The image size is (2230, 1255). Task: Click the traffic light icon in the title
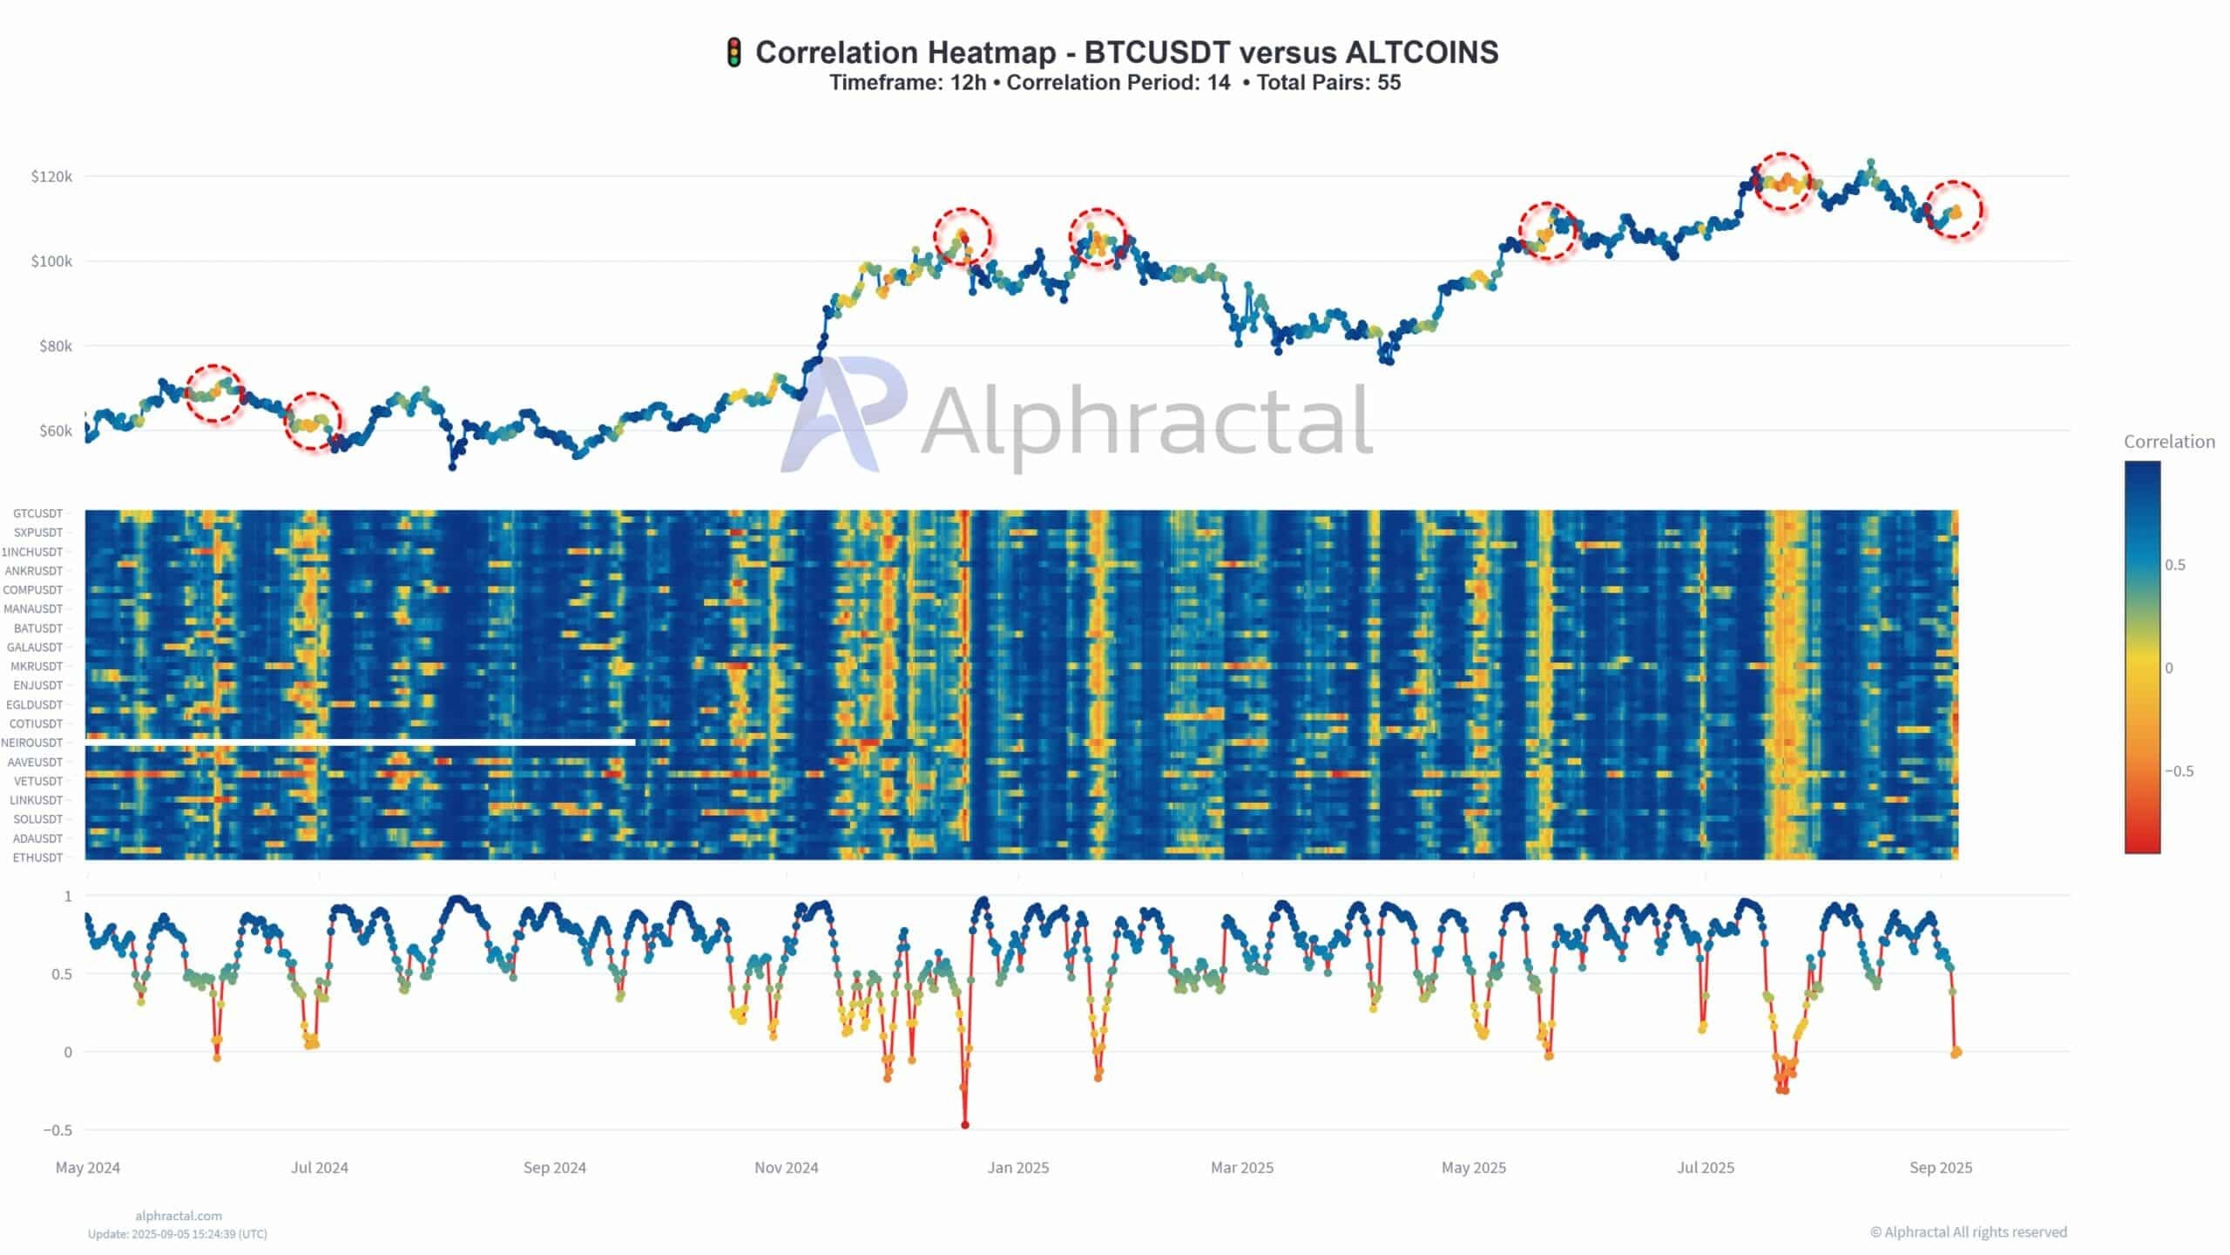tap(733, 53)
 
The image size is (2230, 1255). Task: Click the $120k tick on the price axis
tap(51, 177)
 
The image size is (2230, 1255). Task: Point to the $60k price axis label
tap(55, 431)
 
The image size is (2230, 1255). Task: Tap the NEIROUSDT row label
tap(32, 743)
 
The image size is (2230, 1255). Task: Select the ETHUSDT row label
tap(37, 858)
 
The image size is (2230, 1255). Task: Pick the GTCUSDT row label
tap(37, 514)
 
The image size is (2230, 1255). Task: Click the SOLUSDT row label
tap(37, 819)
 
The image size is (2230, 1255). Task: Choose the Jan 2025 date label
tap(1017, 1168)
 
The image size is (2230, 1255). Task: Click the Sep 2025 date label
tap(1940, 1168)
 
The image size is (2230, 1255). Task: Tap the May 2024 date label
tap(88, 1168)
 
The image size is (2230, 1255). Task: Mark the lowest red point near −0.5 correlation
tap(964, 1125)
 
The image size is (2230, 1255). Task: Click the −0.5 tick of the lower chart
tap(57, 1130)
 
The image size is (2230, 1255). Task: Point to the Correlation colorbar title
tap(2168, 442)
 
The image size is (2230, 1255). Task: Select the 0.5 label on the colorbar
tap(2174, 565)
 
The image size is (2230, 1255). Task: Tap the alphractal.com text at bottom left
tap(179, 1216)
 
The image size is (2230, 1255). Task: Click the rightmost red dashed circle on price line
tap(1954, 210)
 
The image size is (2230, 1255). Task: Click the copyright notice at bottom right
tap(1968, 1231)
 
